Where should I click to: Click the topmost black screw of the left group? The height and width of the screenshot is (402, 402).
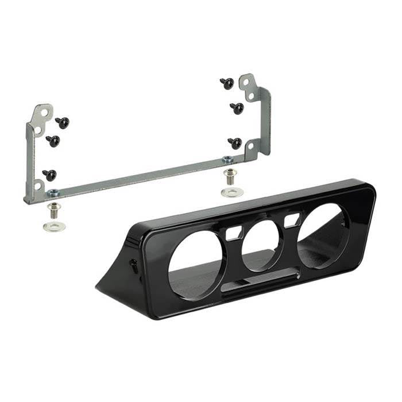(x=62, y=122)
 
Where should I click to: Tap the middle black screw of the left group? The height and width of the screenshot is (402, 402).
(x=53, y=141)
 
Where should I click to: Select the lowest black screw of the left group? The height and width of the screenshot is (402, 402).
(x=49, y=175)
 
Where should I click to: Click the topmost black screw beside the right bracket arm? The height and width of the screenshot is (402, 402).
(x=227, y=84)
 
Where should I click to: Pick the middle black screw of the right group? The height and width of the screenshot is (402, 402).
(x=237, y=108)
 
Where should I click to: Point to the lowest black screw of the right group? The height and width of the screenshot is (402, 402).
(x=235, y=143)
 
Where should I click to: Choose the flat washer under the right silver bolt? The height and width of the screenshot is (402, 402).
(x=231, y=192)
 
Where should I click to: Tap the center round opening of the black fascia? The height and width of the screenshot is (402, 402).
(x=261, y=243)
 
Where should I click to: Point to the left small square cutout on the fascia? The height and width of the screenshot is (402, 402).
(x=234, y=233)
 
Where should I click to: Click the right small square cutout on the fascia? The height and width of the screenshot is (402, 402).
(x=292, y=219)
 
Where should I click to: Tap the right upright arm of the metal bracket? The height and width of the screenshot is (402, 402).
(x=261, y=115)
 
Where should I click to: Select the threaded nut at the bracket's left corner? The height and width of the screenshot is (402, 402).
(x=53, y=192)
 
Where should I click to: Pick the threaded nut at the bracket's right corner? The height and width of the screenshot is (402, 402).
(x=228, y=160)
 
